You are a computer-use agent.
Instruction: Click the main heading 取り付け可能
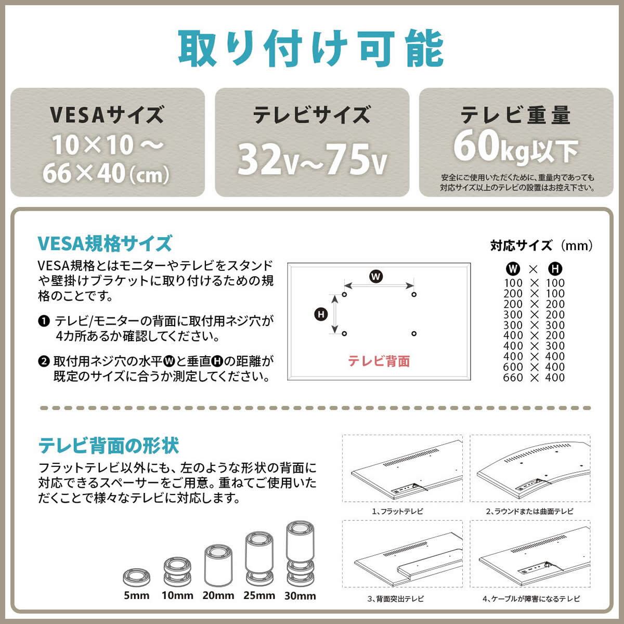point(311,48)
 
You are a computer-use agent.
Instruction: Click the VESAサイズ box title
point(107,115)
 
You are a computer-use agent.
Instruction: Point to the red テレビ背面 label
point(379,361)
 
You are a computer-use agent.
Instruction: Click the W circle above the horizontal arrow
point(376,277)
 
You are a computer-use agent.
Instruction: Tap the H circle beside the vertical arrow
point(321,314)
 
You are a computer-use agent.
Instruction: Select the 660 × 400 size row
point(534,378)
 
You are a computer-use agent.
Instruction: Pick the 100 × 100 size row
point(534,283)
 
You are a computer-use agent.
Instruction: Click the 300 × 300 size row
point(534,325)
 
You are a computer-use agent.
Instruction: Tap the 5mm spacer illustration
point(137,578)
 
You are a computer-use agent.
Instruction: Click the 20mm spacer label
point(218,596)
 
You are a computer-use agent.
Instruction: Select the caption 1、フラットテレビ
point(398,511)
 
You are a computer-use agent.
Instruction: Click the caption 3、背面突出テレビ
point(396,599)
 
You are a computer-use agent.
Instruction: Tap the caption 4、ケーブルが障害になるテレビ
point(531,599)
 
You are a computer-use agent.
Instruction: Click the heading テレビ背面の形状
point(109,446)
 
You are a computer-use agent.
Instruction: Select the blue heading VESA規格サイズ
point(105,243)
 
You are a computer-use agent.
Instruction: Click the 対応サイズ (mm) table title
point(541,245)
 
